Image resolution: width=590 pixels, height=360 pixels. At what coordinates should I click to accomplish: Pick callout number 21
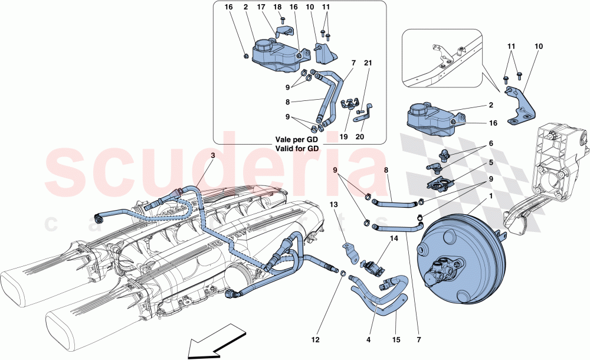[x=368, y=63]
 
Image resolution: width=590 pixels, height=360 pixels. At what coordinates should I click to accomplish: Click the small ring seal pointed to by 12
[x=343, y=272]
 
